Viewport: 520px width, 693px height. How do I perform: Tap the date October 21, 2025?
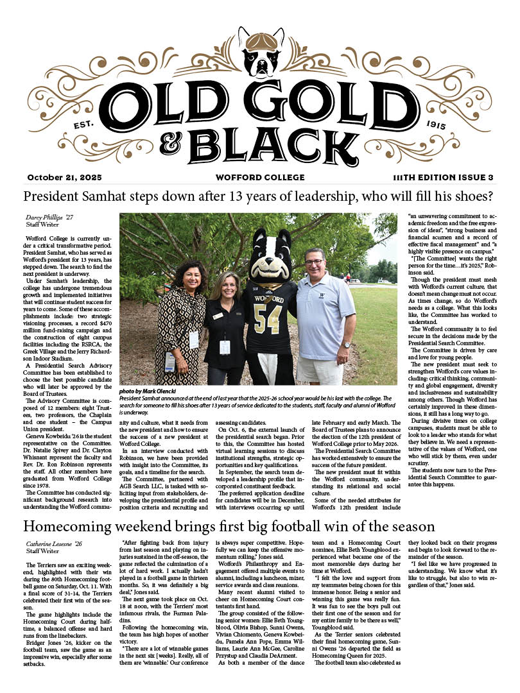tap(64, 177)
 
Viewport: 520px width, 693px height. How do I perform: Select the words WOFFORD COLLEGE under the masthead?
tap(259, 177)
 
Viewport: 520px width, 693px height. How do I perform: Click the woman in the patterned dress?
tap(176, 321)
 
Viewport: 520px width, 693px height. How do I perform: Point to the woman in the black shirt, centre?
tap(225, 321)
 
